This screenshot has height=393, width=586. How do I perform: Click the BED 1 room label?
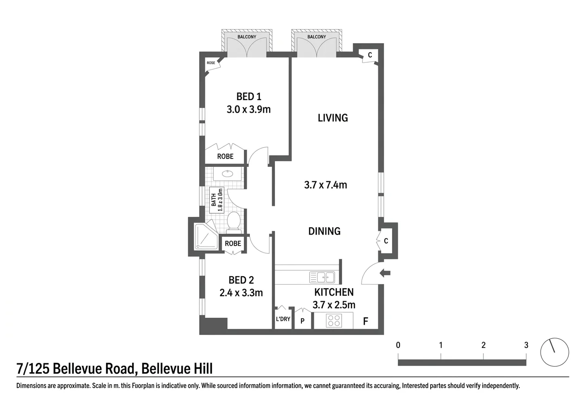click(x=249, y=97)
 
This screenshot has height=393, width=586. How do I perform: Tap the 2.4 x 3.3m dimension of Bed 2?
click(x=241, y=293)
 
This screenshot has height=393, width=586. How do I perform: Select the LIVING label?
click(x=333, y=118)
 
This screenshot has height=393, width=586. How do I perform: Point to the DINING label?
click(x=325, y=231)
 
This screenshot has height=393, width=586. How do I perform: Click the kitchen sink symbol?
click(x=322, y=277)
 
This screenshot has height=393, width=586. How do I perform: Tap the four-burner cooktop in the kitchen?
click(x=334, y=321)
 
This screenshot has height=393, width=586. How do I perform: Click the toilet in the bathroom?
click(x=234, y=222)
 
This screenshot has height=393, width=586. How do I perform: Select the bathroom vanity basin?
click(x=227, y=174)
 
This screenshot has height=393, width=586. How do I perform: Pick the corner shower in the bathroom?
click(x=206, y=236)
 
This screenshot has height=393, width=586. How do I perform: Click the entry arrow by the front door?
click(x=385, y=273)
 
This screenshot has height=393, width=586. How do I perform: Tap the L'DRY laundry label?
click(x=283, y=319)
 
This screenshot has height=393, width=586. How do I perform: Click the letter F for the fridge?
click(x=366, y=321)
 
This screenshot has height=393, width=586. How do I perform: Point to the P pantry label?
click(x=302, y=321)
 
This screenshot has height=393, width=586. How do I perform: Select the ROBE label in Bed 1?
click(x=225, y=156)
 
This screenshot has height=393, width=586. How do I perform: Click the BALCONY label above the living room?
click(x=317, y=37)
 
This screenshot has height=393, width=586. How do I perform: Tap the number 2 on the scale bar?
click(x=484, y=345)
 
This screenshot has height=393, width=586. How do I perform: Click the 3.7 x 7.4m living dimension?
click(x=325, y=185)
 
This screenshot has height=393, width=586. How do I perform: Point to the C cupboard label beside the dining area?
click(x=386, y=241)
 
